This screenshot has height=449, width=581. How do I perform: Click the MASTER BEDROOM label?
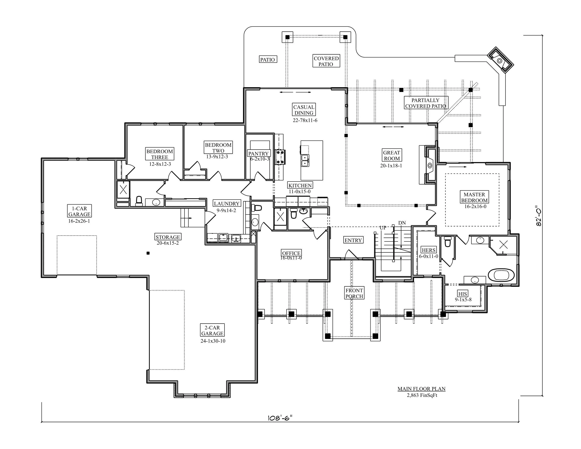474,197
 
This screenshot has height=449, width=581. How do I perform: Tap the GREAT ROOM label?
392,155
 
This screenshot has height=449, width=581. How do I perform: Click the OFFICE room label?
291,253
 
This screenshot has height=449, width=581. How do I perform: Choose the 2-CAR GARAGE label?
212,330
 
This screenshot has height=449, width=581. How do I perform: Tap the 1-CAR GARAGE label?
79,211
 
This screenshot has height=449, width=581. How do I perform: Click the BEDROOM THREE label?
160,154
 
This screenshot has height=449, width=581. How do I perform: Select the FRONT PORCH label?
354,293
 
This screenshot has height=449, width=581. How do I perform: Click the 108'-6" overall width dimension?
280,418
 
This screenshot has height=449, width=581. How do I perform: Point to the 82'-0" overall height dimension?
539,216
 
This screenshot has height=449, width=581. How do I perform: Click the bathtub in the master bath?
501,275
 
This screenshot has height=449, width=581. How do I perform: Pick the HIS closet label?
463,294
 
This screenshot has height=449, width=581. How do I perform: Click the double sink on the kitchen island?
305,160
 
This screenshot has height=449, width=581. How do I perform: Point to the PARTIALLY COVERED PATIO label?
426,103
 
